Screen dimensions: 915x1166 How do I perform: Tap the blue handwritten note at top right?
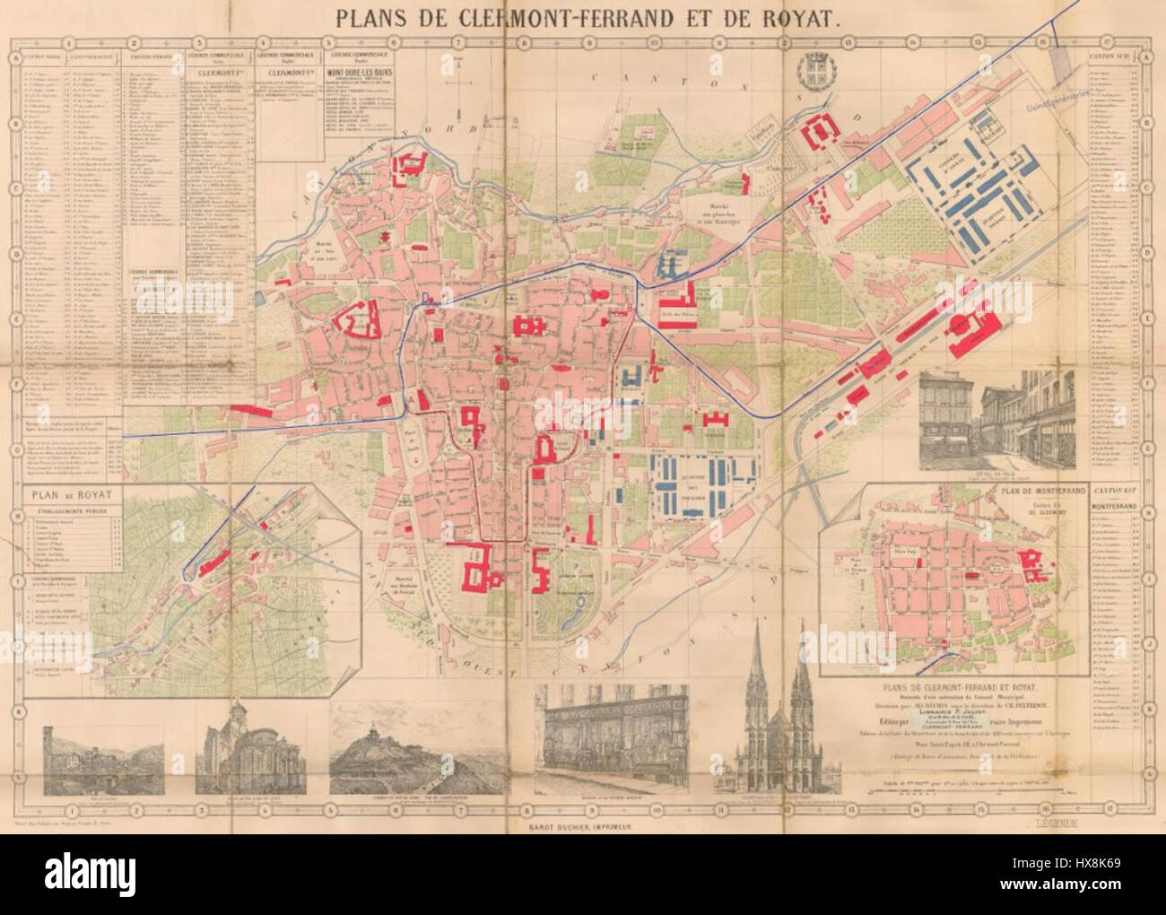tap(1064, 105)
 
